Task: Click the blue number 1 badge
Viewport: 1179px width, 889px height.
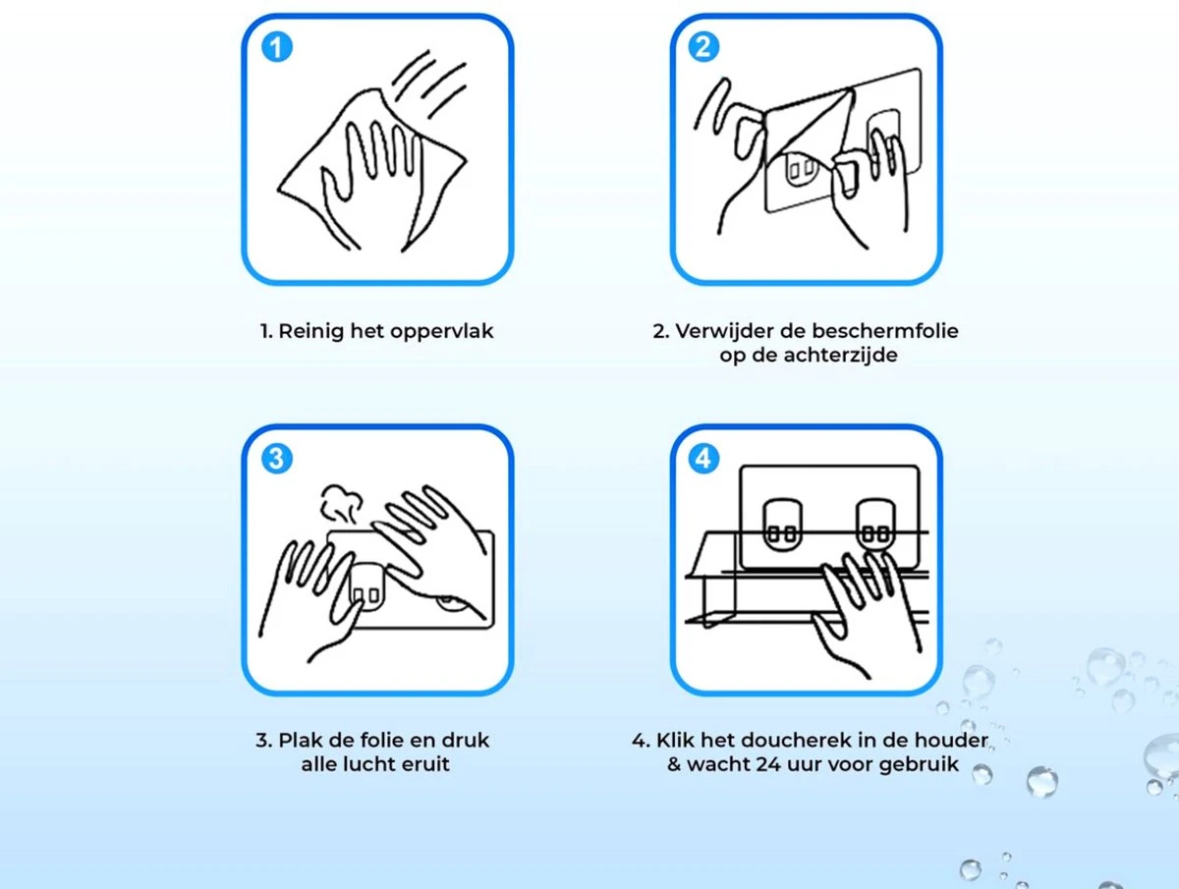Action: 278,46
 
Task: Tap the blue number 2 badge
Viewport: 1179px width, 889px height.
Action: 704,46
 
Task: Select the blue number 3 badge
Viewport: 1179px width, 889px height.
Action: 278,458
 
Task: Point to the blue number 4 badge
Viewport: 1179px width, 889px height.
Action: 704,458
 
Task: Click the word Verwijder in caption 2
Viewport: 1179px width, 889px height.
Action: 717,331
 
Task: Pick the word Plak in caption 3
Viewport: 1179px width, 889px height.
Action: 299,740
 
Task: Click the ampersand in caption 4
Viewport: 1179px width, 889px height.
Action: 674,764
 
